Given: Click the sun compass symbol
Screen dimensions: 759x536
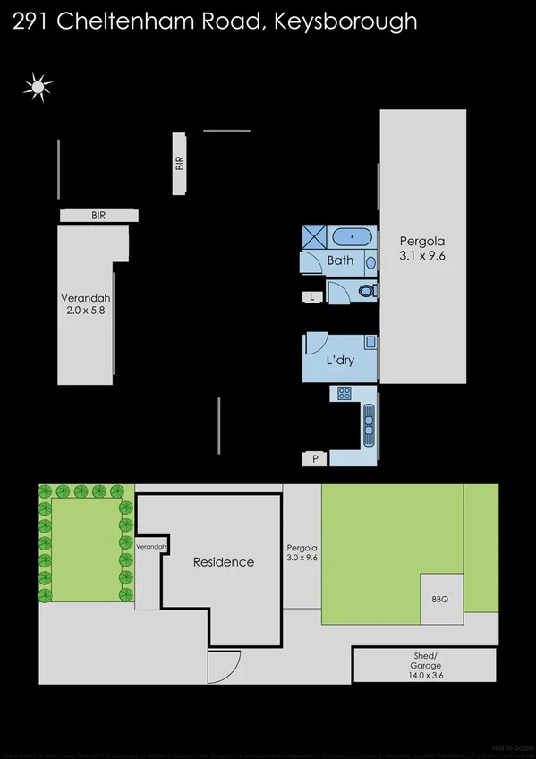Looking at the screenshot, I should click(38, 86).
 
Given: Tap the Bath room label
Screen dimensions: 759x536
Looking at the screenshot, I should click(340, 260).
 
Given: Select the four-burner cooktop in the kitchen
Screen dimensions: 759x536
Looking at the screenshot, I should click(345, 393).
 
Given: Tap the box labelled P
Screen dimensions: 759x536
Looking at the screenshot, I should click(314, 459).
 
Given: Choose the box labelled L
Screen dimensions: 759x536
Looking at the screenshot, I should click(311, 296).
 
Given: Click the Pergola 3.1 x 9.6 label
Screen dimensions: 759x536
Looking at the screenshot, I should click(422, 248).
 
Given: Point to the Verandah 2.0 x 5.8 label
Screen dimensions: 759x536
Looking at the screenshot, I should click(85, 304).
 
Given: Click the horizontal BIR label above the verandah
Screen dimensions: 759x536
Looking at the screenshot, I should click(98, 216).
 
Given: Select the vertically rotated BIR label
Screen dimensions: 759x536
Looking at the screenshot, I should click(180, 164).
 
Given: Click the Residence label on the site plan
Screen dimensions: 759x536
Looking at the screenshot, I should click(224, 562).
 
